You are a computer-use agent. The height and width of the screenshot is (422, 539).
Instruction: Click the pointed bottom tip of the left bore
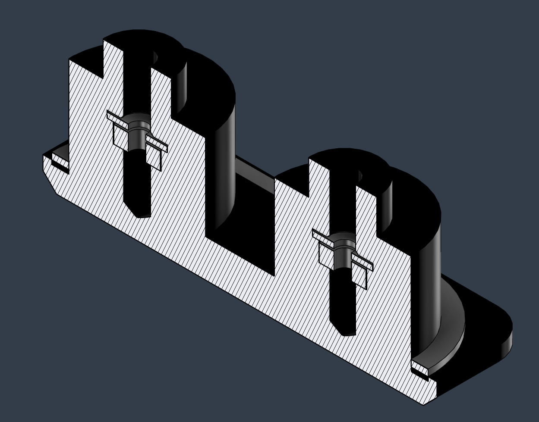click(x=142, y=215)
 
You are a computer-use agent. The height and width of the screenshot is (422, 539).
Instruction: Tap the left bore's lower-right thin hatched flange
click(x=156, y=145)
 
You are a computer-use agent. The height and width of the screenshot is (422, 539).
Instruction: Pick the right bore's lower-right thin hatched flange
click(x=362, y=263)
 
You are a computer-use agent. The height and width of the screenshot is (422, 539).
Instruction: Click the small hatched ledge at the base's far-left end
click(x=60, y=162)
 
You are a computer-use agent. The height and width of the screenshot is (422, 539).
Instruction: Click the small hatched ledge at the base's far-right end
click(x=420, y=369)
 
